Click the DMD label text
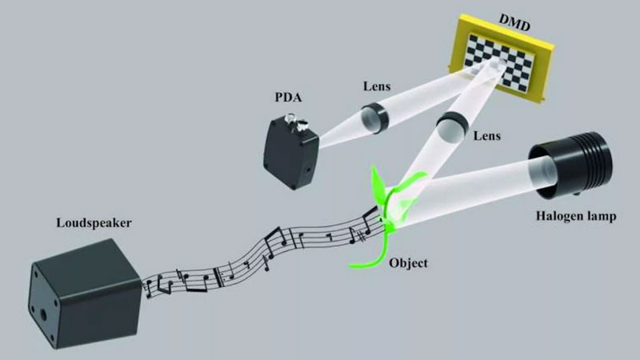514,23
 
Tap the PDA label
288,98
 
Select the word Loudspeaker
94,223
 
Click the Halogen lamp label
576,216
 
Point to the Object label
408,263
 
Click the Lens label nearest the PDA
377,86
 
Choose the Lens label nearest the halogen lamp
487,135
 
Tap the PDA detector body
290,152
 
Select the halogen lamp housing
571,165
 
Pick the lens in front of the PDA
373,118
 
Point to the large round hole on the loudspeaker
42,314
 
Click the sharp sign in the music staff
361,236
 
